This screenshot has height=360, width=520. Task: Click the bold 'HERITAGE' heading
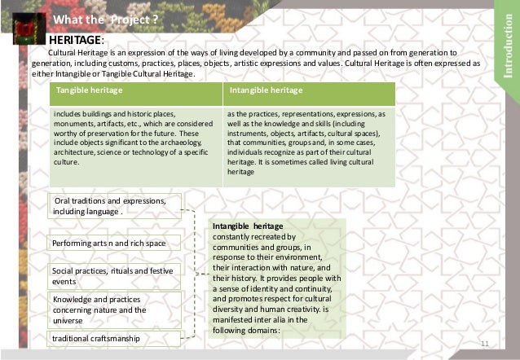tap(76, 38)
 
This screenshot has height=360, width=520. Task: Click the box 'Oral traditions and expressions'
tap(114, 207)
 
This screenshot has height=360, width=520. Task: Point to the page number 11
tap(485, 345)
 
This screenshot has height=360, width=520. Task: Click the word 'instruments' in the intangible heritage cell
tap(250, 133)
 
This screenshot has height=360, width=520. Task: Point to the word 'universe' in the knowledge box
tap(71, 320)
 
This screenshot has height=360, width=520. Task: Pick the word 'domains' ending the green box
tap(262, 331)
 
